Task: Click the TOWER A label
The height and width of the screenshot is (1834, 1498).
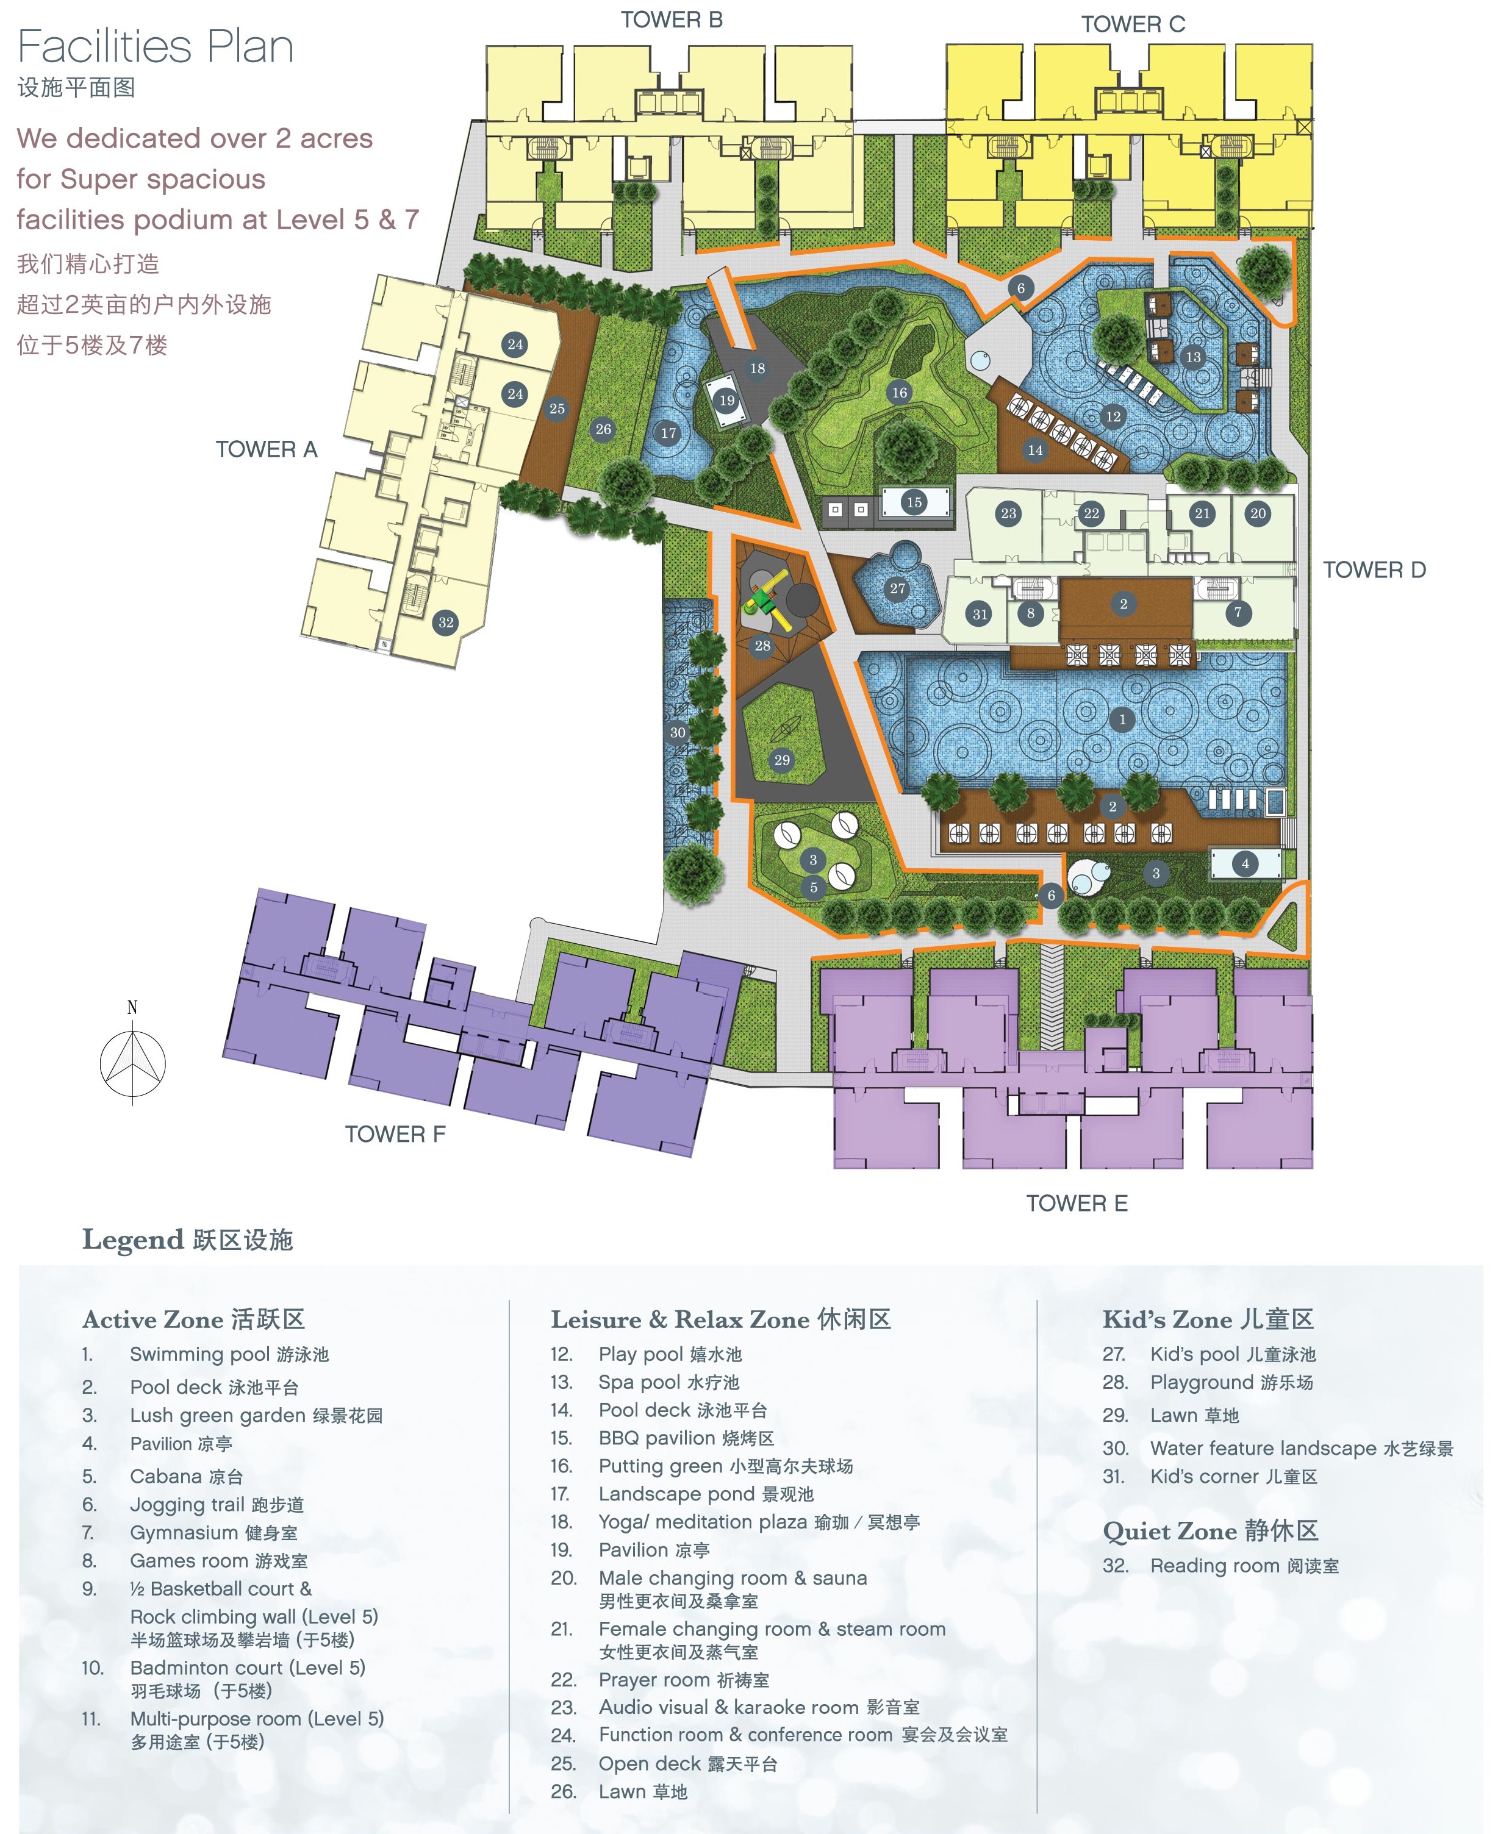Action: tap(266, 449)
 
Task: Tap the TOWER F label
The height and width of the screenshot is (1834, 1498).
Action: tap(395, 1135)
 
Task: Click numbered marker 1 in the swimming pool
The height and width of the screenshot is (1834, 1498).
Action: tap(1122, 719)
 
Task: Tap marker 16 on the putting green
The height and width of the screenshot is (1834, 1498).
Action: tap(899, 393)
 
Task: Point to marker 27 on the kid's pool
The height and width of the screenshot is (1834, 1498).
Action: tap(897, 588)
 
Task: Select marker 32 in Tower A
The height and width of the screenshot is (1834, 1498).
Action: tap(445, 622)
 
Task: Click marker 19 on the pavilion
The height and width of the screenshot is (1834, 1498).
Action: tap(728, 400)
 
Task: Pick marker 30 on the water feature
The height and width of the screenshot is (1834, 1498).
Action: tap(678, 732)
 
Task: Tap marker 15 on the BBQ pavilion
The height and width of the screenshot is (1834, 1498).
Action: tap(914, 502)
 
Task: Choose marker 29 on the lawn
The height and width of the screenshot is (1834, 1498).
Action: tap(782, 760)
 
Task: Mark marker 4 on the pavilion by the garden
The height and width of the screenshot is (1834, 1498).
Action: tap(1245, 863)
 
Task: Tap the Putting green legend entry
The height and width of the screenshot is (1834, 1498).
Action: tap(725, 1466)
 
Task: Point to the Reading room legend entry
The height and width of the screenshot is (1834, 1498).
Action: tap(1244, 1566)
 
